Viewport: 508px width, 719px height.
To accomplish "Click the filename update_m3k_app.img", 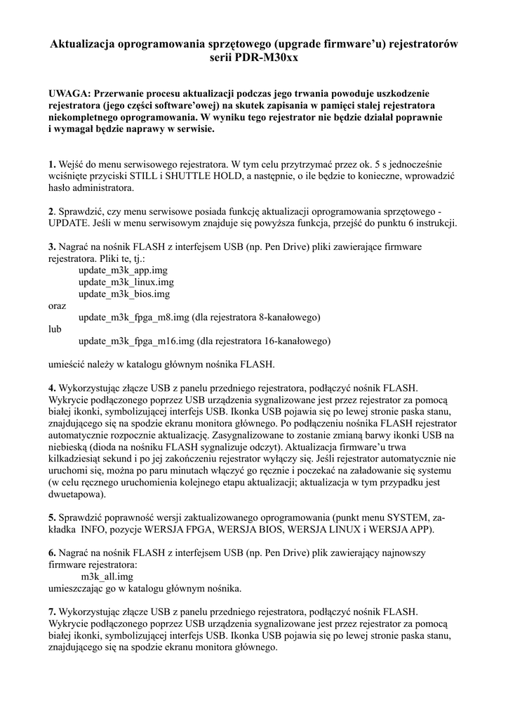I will point(123,270).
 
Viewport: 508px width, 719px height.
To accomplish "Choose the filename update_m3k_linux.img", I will point(126,282).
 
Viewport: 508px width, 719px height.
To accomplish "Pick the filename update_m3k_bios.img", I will point(124,293).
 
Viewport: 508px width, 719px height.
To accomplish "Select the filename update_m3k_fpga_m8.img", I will point(133,317).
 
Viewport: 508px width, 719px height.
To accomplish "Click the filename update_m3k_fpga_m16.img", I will point(136,341).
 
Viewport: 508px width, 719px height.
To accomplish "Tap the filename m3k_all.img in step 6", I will point(107,576).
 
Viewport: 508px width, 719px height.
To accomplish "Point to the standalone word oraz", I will point(58,305).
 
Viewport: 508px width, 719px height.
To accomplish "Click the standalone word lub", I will point(55,329).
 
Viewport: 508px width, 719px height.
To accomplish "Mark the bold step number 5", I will point(51,517).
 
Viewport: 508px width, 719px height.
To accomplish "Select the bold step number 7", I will point(51,612).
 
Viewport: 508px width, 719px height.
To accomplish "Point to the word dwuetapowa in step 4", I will point(76,495).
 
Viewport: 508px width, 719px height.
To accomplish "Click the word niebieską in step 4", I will point(69,447).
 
